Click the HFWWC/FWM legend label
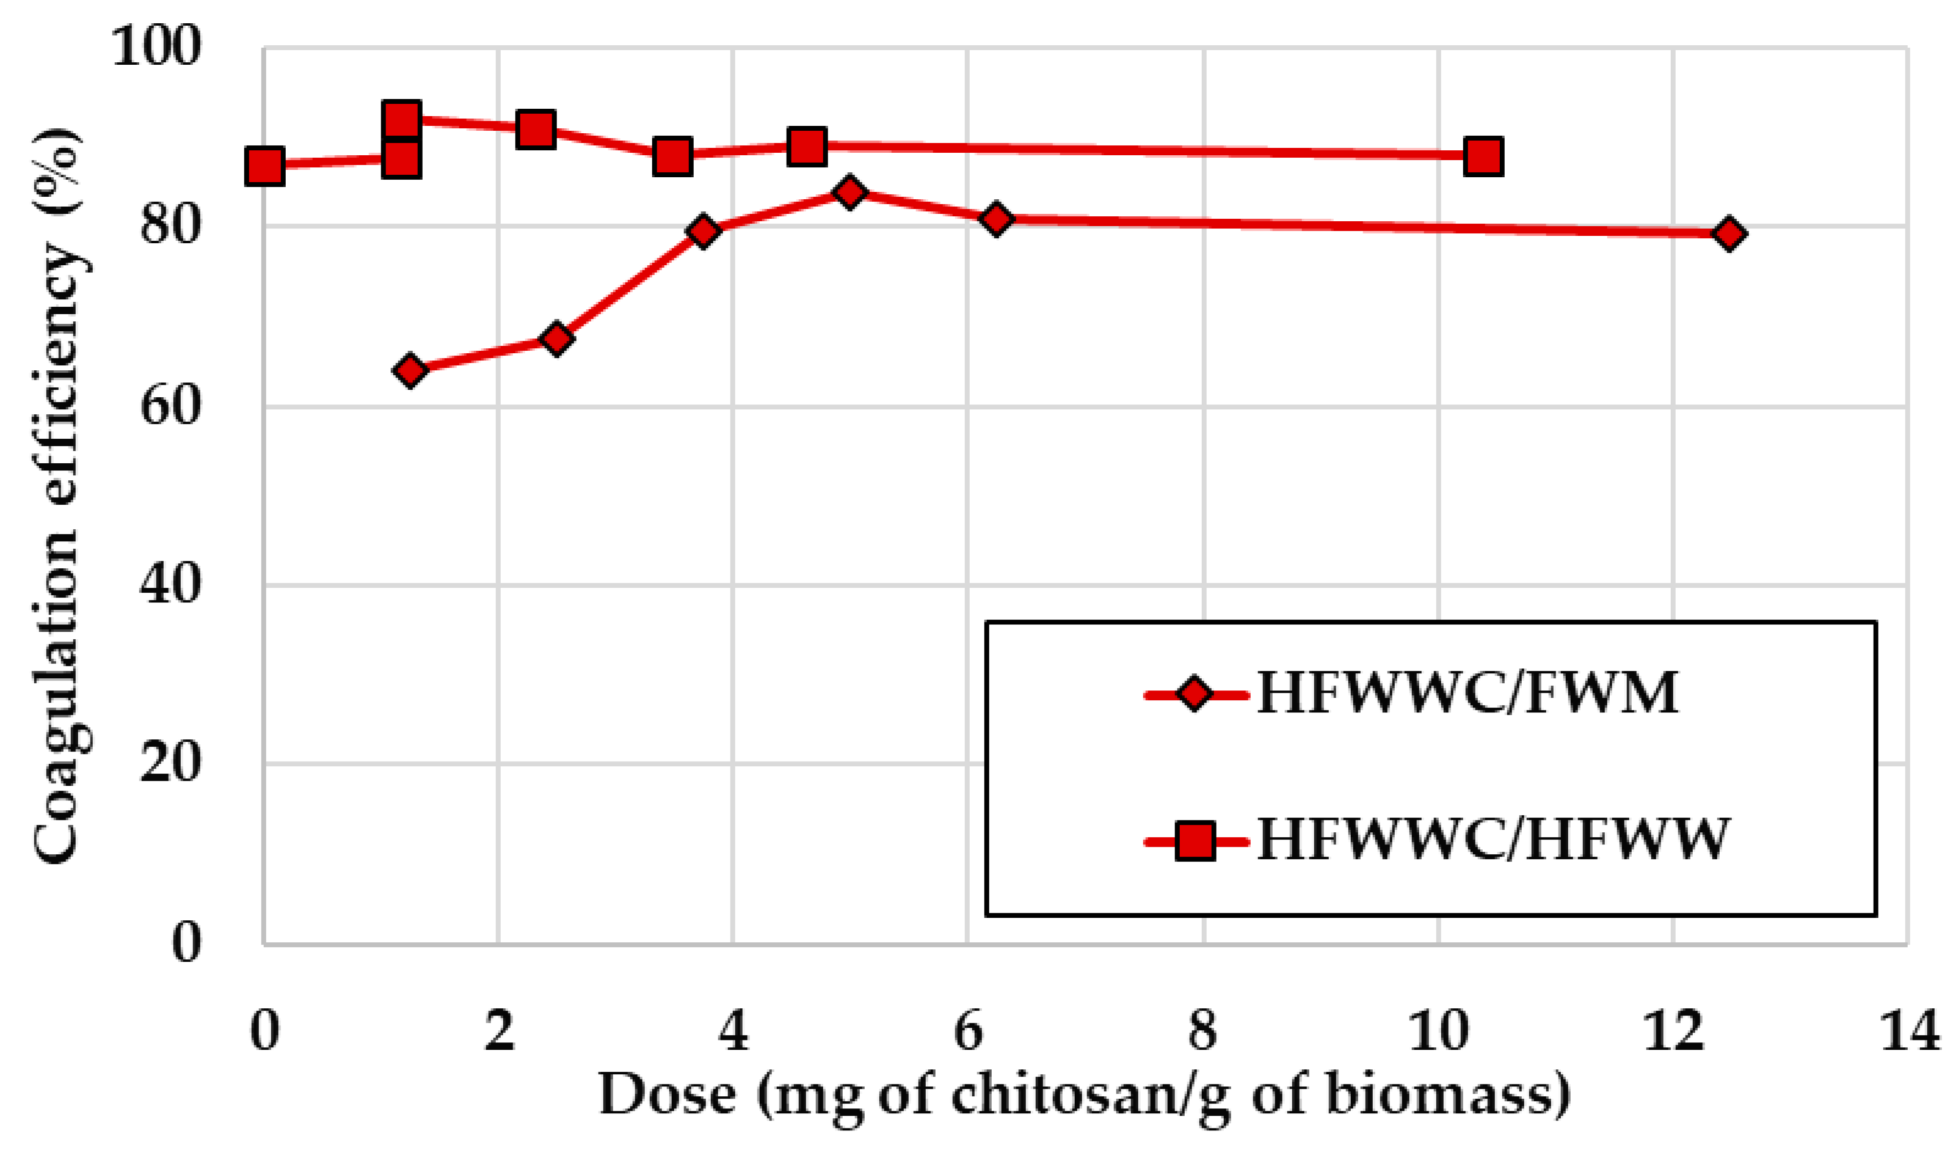[x=1467, y=693]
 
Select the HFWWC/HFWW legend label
[x=1492, y=840]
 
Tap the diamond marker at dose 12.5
[x=1729, y=233]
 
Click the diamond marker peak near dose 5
[x=850, y=192]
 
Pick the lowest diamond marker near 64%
[x=410, y=370]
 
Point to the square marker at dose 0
[x=264, y=166]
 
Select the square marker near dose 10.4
[x=1483, y=156]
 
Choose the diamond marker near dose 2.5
[x=556, y=339]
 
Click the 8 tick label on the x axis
[x=1202, y=1032]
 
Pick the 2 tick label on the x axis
[x=499, y=1032]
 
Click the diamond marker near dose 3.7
[x=704, y=232]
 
